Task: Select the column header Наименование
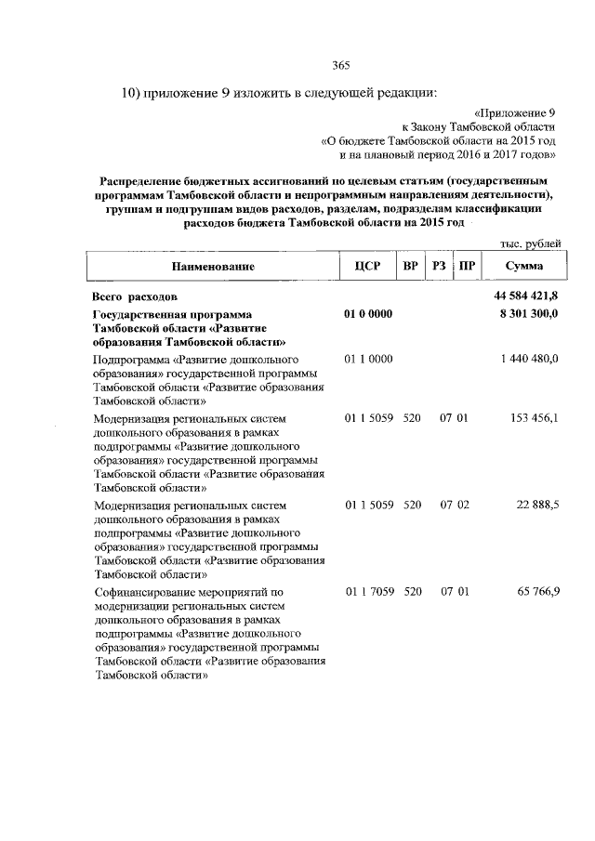coord(213,267)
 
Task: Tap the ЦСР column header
coord(364,267)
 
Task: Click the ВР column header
coord(410,267)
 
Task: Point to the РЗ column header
coord(440,267)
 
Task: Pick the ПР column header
coord(468,267)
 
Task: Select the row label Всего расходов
coord(134,296)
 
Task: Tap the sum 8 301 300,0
coord(528,315)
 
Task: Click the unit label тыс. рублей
coord(530,243)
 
